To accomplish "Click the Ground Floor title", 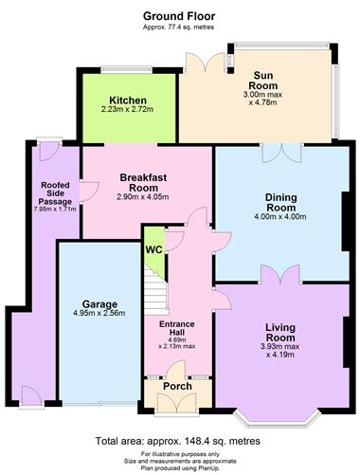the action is pyautogui.click(x=179, y=16).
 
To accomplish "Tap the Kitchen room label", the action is pyautogui.click(x=128, y=100).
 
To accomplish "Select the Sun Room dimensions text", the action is pyautogui.click(x=262, y=99).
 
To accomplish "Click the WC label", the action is pyautogui.click(x=153, y=249).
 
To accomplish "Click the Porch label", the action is pyautogui.click(x=177, y=386).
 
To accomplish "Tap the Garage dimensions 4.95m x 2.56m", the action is pyautogui.click(x=99, y=313).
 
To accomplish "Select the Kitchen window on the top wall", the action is pyautogui.click(x=126, y=69).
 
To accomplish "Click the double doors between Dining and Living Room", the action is pyautogui.click(x=280, y=274).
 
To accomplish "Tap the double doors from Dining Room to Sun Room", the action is pyautogui.click(x=280, y=153).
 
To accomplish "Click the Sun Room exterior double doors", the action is pyautogui.click(x=205, y=62).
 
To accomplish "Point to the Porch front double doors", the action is pyautogui.click(x=177, y=403).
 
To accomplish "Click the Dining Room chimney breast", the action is pyautogui.click(x=345, y=221).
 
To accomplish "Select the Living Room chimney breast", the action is pyautogui.click(x=346, y=342).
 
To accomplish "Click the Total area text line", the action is pyautogui.click(x=178, y=441).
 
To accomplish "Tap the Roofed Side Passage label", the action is pyautogui.click(x=55, y=193).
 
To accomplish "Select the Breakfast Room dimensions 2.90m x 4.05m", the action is pyautogui.click(x=143, y=197).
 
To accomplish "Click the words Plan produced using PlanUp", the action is pyautogui.click(x=180, y=468).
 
